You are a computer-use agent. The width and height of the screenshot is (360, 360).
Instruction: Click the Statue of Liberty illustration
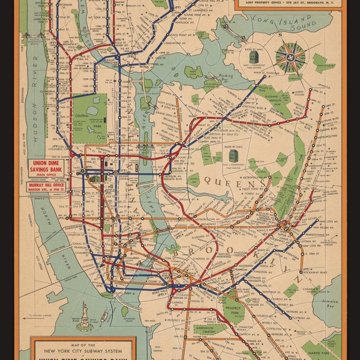[x=84, y=317]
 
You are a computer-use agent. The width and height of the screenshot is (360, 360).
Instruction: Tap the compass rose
[x=290, y=57]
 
